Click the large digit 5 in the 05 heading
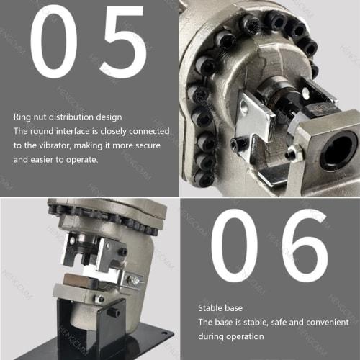[125, 45]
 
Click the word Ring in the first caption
[22, 116]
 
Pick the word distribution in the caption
[81, 116]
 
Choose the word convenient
[323, 322]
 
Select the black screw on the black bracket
[114, 312]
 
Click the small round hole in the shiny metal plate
[244, 109]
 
